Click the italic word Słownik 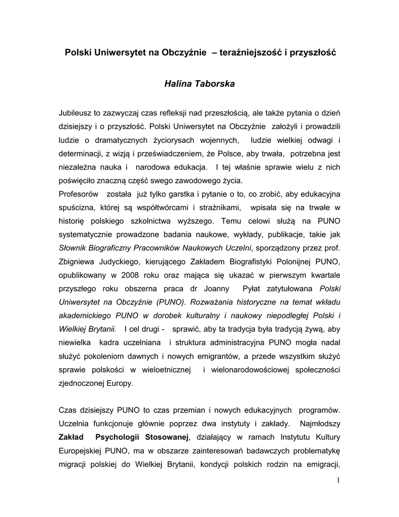(x=73, y=247)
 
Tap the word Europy (x=119, y=383)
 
